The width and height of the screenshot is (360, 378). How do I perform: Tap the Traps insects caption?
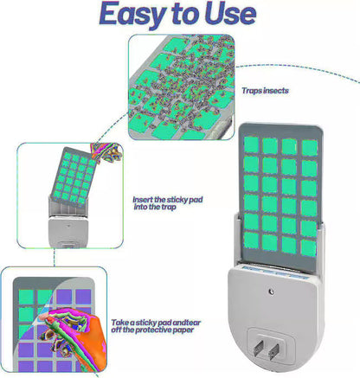(265, 91)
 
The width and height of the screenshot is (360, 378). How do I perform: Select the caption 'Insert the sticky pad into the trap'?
(168, 203)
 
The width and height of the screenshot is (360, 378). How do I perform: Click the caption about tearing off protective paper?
(156, 326)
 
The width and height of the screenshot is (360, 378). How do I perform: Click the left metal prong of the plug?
(258, 348)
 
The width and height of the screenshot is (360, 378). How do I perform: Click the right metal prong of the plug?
(273, 351)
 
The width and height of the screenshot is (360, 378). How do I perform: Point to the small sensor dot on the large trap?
(271, 292)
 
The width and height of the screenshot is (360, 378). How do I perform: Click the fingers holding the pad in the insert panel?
(106, 152)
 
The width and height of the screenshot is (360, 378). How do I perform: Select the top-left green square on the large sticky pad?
(251, 144)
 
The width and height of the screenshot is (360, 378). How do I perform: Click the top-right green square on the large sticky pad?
(310, 148)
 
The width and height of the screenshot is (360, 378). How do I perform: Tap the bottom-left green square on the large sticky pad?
(251, 240)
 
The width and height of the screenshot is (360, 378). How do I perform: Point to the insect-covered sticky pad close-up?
(181, 87)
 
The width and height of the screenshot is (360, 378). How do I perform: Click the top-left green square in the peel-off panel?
(26, 297)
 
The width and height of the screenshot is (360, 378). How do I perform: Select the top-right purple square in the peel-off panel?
(83, 297)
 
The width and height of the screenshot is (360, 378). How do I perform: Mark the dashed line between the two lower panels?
(54, 257)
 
